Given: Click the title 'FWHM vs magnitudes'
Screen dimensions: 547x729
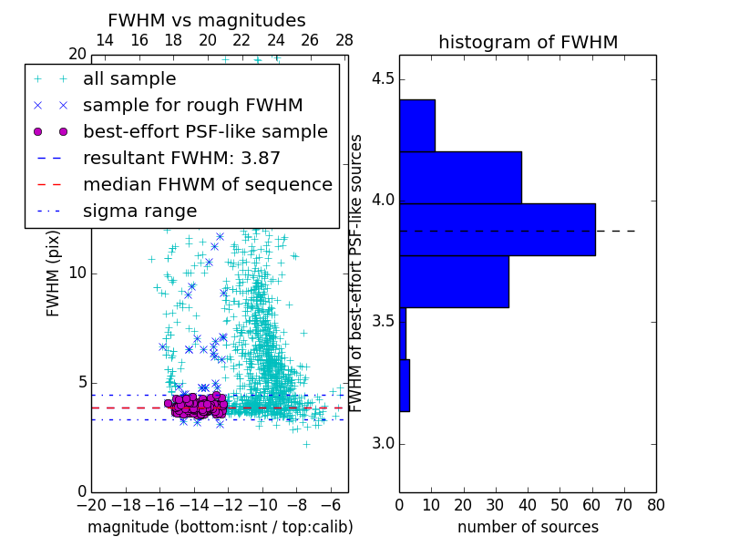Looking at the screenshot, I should coord(207,20).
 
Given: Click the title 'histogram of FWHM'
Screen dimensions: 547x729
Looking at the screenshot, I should coord(528,42).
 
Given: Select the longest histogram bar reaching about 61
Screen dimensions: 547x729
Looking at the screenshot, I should coord(497,229).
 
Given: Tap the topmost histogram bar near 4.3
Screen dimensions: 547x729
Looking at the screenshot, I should coord(416,125).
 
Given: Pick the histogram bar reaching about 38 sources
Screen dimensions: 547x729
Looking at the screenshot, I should coord(460,177).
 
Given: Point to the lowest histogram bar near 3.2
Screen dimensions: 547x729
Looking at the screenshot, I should coord(404,385).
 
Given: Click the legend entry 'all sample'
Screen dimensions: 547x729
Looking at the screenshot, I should coord(129,78).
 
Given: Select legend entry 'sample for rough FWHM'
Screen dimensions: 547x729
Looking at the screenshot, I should coord(192,105).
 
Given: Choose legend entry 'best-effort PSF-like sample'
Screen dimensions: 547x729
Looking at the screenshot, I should coord(205,131).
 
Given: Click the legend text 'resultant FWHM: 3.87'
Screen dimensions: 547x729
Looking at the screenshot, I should coord(181,158).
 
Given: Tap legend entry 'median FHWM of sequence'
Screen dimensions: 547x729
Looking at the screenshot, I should coord(207,184).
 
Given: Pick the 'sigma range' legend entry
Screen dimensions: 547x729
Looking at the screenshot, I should coord(139,211).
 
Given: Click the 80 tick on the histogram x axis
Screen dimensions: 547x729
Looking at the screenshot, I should coord(656,504).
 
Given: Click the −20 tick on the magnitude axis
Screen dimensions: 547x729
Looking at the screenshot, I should coord(91,504).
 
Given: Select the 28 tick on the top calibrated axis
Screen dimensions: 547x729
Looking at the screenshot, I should coord(344,40).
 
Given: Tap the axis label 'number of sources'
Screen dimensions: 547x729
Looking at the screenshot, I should coord(528,527).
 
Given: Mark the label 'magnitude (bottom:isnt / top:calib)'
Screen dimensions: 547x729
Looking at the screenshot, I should coord(220,527).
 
